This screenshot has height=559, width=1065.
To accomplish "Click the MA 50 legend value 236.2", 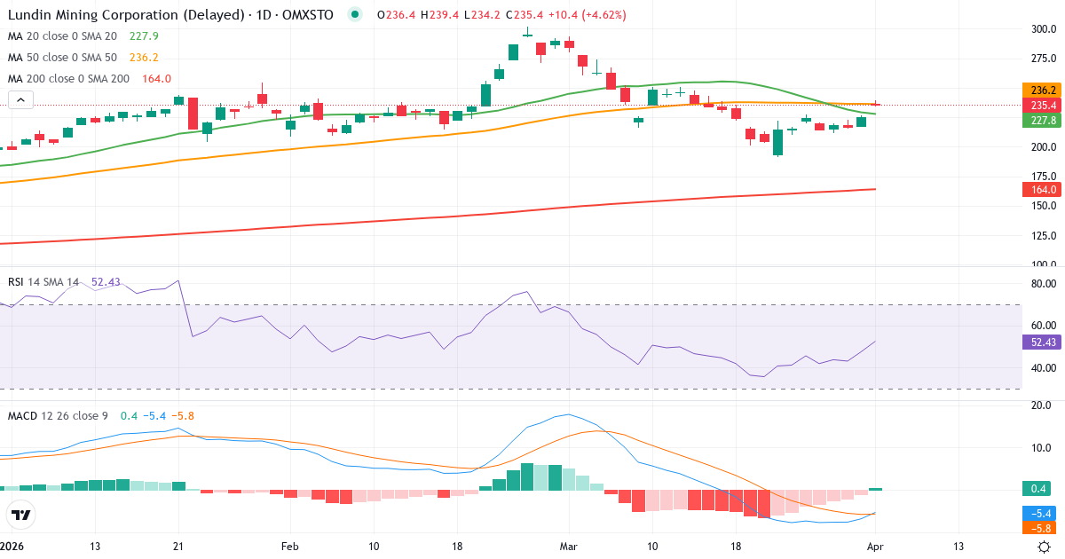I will [x=144, y=58].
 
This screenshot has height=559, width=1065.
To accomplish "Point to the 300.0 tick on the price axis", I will [x=1043, y=29].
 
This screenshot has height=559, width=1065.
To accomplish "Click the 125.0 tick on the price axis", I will [x=1043, y=236].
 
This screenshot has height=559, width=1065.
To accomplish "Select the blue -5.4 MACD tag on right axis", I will [x=1039, y=514].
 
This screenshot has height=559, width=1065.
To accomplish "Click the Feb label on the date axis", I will [x=289, y=547].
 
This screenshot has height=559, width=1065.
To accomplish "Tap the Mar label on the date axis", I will [x=567, y=547].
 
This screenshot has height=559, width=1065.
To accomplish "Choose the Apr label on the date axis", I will [x=875, y=547].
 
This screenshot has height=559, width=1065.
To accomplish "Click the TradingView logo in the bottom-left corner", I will [x=20, y=515].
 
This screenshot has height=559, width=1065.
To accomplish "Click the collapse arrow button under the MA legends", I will [x=20, y=100].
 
